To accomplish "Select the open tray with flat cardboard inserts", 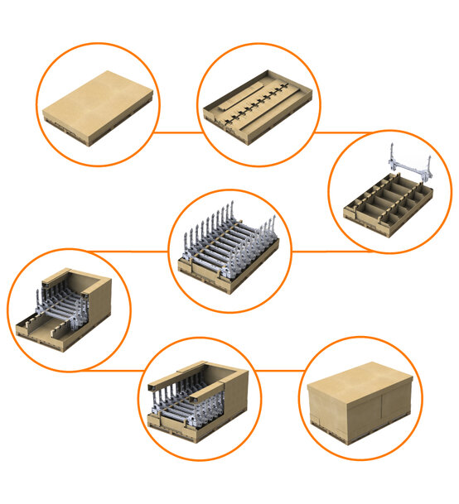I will (x=256, y=111).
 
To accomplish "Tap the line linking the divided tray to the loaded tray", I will (x=315, y=251).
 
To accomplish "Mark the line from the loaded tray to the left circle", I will (x=124, y=251).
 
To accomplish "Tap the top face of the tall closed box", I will (x=360, y=383).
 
